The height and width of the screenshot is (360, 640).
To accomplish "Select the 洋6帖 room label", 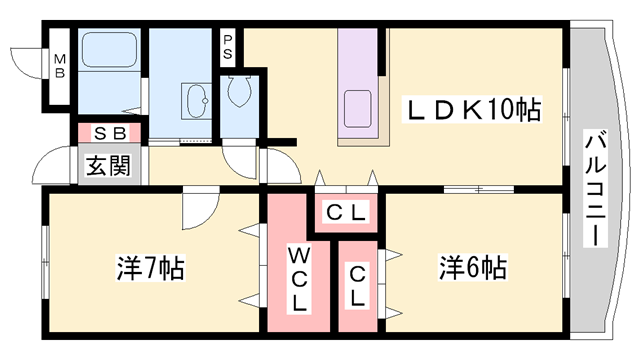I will [471, 267].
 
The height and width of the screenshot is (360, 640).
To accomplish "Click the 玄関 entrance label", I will [106, 166].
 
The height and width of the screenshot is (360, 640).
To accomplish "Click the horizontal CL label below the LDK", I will [347, 212].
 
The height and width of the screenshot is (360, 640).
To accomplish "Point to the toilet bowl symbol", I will [239, 92].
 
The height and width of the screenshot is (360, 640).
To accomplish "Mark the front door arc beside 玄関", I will [55, 167].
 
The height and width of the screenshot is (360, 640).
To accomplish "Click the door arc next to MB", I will [25, 60].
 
